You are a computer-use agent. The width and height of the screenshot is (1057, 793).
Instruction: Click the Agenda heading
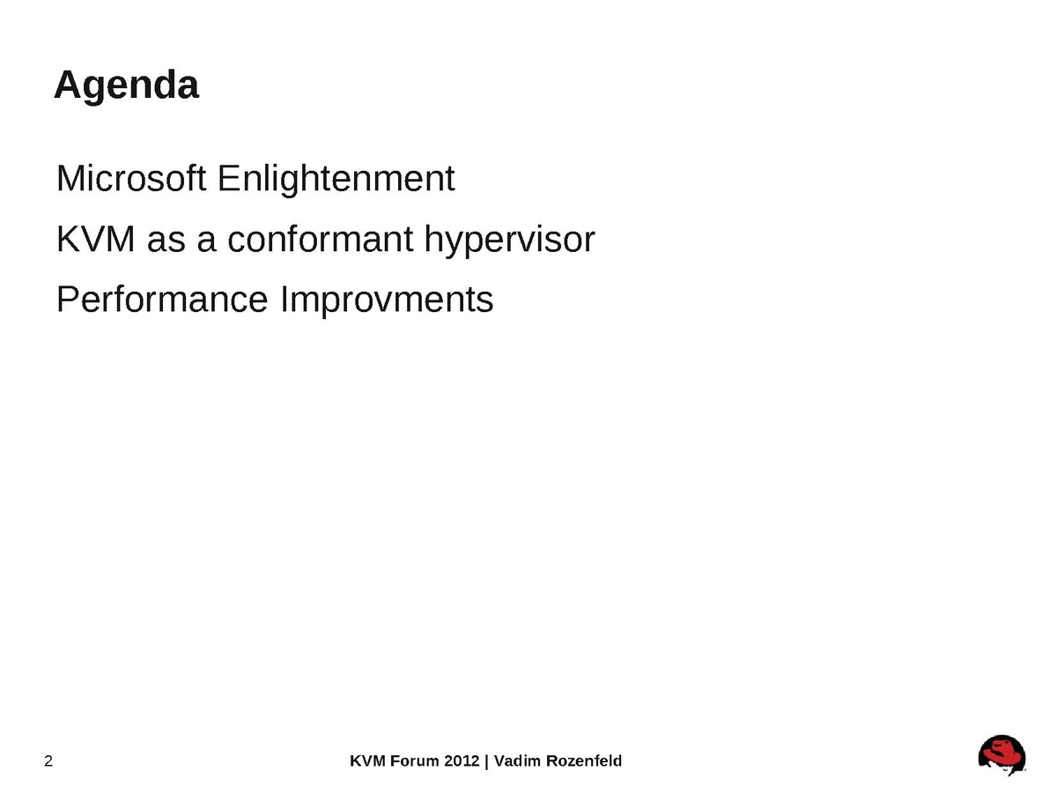[x=126, y=85]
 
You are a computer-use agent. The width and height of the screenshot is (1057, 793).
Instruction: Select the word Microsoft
[x=131, y=178]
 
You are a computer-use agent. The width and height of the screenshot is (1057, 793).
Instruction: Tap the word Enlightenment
[x=336, y=179]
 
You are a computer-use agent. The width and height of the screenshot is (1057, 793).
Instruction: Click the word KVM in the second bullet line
[x=95, y=240]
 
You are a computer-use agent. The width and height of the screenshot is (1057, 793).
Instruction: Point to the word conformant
[x=321, y=240]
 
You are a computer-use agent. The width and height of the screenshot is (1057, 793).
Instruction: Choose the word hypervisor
[x=509, y=241]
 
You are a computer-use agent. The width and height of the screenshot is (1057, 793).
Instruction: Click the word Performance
[x=162, y=299]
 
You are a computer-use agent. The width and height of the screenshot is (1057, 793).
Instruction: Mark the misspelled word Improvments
[x=388, y=300]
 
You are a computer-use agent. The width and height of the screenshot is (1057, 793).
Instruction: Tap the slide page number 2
[x=48, y=761]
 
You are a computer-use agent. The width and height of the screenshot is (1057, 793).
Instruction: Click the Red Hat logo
[x=1002, y=755]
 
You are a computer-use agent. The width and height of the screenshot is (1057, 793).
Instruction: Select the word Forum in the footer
[x=415, y=761]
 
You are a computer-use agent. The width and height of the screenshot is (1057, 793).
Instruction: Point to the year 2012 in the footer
[x=462, y=761]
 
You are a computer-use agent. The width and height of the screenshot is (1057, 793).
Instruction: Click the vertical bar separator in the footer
[x=486, y=761]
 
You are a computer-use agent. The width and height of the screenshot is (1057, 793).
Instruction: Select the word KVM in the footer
[x=367, y=761]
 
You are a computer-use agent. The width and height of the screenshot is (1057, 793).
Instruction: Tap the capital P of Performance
[x=68, y=299]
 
